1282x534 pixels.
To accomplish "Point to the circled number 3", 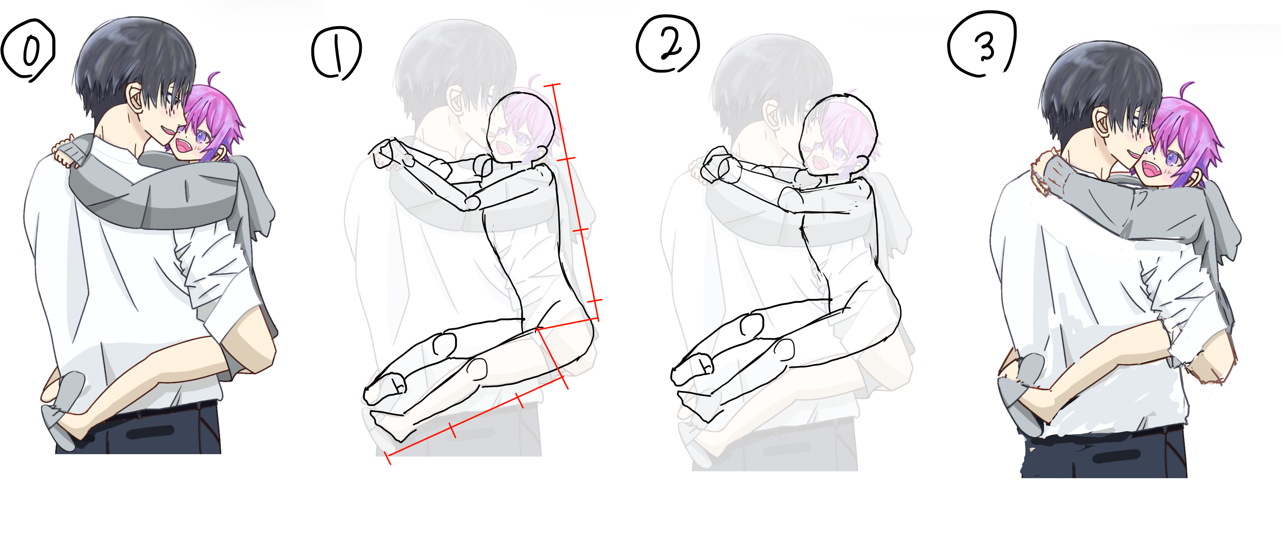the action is [x=981, y=45].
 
